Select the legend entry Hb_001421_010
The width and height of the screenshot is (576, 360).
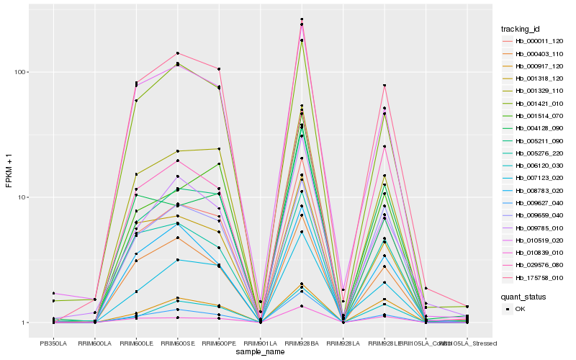coord(534,103)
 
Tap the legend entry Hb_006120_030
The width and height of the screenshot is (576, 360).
coord(534,165)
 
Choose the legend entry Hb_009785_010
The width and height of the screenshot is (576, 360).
coord(534,227)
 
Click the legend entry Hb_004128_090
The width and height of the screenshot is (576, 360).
coord(534,127)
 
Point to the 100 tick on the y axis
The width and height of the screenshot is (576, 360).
coord(20,72)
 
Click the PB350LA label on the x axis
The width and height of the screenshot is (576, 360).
coord(53,343)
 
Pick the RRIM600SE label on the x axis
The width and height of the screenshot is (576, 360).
coord(177,343)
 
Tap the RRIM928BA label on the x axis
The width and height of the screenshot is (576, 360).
coord(302,343)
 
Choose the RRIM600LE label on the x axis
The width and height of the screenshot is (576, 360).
coord(135,343)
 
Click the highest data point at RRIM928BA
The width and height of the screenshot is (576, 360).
coord(302,19)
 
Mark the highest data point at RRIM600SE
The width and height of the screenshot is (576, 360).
coord(177,53)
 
